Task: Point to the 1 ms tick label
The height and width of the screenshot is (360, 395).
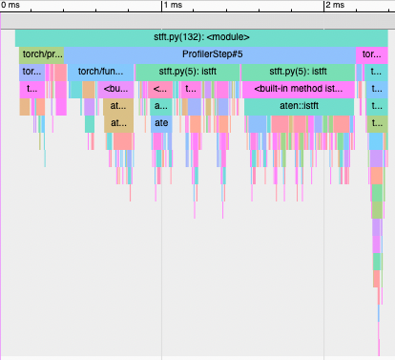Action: (173, 6)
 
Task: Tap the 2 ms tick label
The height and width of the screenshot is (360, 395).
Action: (334, 6)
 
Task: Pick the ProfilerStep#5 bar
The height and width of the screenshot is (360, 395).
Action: (210, 54)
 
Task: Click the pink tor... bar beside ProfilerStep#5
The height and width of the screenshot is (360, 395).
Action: (370, 54)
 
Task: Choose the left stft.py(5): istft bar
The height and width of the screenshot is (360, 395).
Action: (187, 72)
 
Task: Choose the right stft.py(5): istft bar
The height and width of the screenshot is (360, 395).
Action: (298, 72)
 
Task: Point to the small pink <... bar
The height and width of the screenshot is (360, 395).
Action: (159, 89)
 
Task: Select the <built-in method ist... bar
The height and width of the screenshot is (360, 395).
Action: (298, 89)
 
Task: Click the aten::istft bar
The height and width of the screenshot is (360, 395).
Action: (300, 106)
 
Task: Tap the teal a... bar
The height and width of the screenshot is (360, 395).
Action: (160, 106)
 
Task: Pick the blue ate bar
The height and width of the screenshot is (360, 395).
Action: (161, 123)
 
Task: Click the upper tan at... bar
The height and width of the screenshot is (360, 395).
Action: (117, 106)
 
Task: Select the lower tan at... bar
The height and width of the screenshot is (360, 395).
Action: (117, 123)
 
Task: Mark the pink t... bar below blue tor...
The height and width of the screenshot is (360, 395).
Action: (31, 89)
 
